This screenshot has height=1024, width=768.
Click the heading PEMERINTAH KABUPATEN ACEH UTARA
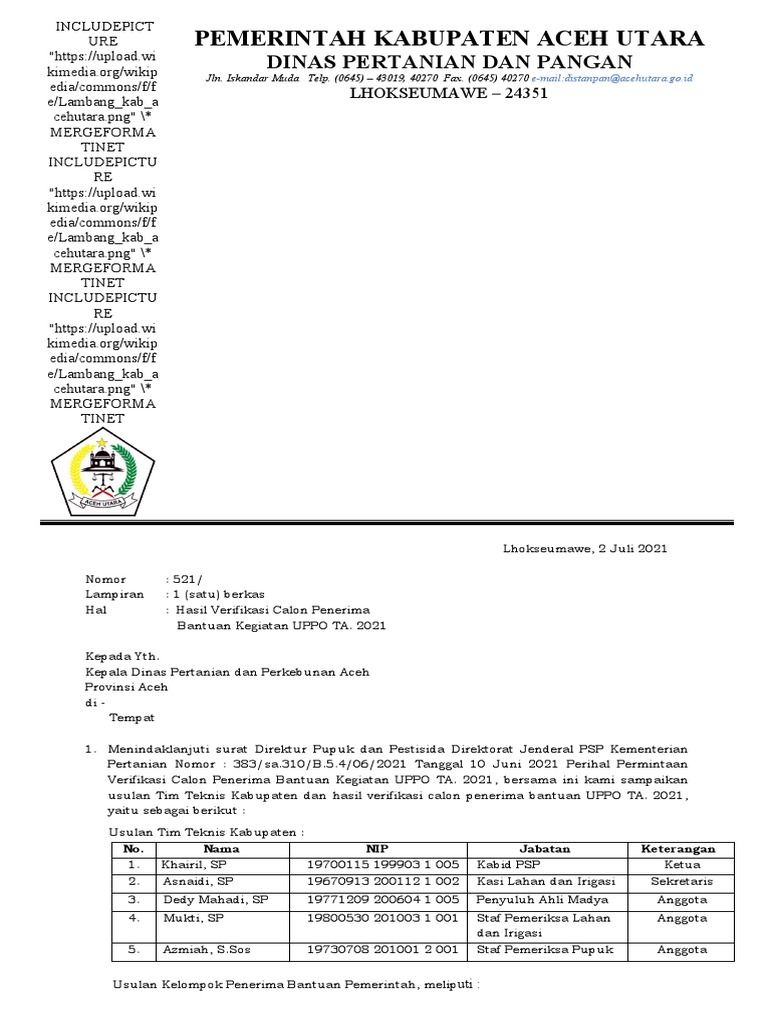pos(448,39)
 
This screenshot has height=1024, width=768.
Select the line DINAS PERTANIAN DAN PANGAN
pos(448,61)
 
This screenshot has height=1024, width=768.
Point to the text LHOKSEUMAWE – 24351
pos(448,96)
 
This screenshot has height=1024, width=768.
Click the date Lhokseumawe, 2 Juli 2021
pos(583,548)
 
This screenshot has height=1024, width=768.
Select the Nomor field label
pos(107,579)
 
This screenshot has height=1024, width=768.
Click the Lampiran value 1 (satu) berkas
pos(221,594)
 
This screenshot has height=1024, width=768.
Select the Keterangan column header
pos(677,848)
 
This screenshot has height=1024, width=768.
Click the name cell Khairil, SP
pos(193,864)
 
